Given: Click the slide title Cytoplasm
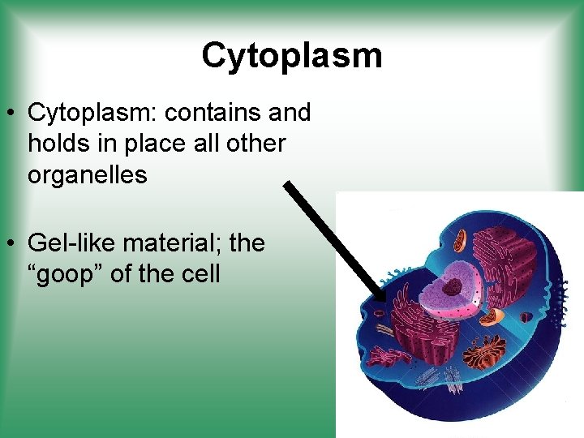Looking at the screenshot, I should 291,56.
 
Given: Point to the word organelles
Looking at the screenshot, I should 87,174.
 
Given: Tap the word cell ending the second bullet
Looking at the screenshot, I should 200,273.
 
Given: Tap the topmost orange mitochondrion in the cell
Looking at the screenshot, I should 460,239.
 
